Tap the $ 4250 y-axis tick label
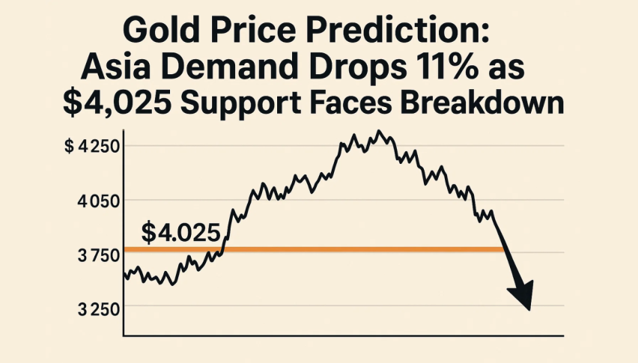coord(88,147)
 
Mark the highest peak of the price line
coord(380,132)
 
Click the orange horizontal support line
coord(315,249)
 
